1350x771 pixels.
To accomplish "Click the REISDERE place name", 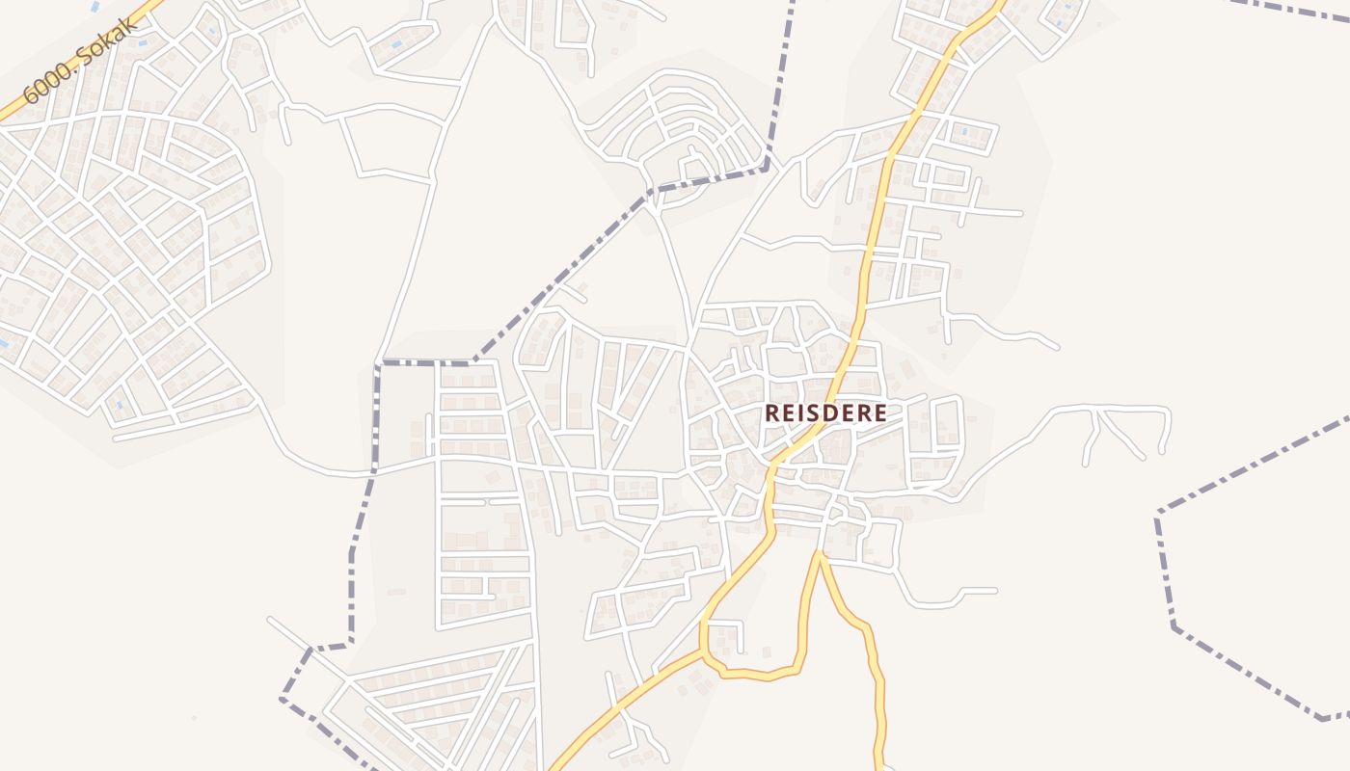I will (x=825, y=412).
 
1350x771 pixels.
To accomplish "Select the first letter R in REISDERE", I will (x=772, y=412).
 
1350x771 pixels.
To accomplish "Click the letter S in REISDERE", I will (x=810, y=412).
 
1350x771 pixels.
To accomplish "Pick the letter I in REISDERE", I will (x=798, y=412).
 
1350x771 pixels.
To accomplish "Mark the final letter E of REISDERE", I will (x=879, y=412).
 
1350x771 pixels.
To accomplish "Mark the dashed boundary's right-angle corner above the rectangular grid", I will (x=378, y=363).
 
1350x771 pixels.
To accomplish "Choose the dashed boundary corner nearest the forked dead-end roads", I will (x=1158, y=513).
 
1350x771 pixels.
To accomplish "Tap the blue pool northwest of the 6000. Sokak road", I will (x=94, y=7).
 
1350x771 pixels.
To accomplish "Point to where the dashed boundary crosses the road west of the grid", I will (x=372, y=473).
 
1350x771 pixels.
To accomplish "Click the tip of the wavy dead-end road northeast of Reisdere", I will (x=1057, y=347).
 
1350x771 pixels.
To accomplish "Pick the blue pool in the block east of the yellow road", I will (x=963, y=130).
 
